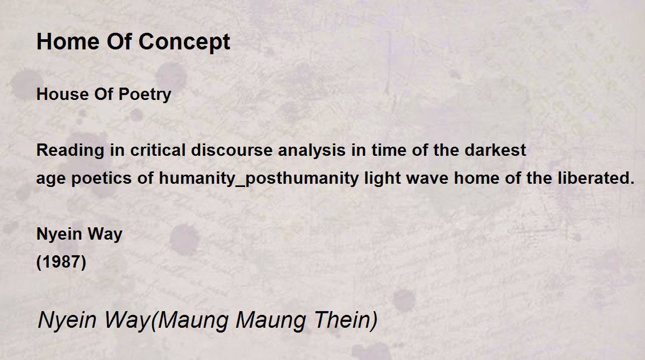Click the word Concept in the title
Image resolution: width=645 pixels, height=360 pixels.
(x=184, y=42)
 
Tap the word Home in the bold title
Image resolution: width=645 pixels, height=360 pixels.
(x=68, y=41)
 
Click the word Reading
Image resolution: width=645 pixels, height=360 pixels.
(x=70, y=151)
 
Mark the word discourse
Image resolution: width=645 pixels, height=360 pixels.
(x=232, y=150)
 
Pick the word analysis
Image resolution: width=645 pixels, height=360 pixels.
(x=312, y=151)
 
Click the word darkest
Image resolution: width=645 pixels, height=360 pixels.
(x=495, y=150)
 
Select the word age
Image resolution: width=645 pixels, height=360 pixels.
(x=51, y=179)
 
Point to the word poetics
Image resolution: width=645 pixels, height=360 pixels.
(x=102, y=179)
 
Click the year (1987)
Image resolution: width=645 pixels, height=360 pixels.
(x=61, y=262)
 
